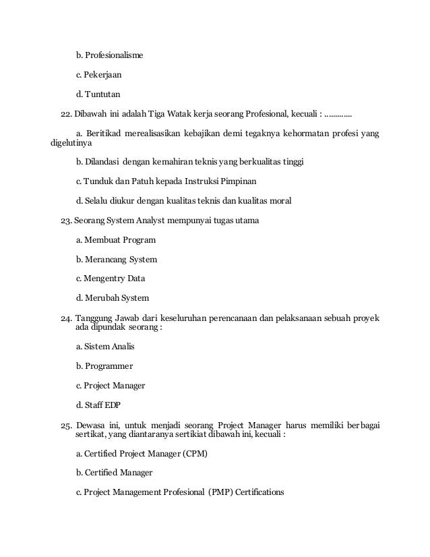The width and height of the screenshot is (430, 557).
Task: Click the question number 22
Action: coord(65,113)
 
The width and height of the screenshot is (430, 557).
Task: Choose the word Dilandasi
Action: coord(104,162)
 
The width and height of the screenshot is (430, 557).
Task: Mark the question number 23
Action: coord(65,221)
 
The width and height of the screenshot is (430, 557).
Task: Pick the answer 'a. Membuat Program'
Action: coord(116,240)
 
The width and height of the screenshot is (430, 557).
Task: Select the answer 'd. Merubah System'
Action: coord(113,298)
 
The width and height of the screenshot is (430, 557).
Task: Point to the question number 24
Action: coord(65,318)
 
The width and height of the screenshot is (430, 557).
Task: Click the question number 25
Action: coord(65,425)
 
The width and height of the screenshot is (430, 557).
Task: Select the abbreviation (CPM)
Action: coord(193,455)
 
